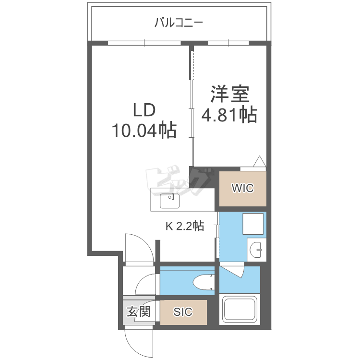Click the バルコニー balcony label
point(179,23)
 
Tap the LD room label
point(144,110)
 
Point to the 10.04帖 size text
point(144,130)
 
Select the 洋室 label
point(230,94)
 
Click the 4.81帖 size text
point(229,114)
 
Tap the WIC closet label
point(243,188)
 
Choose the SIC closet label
point(183,312)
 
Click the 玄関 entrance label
point(139,312)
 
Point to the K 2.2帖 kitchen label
point(185,226)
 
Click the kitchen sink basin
point(169,201)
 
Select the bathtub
point(240,309)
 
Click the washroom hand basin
point(256,250)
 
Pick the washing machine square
point(253,224)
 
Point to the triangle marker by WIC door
point(260,161)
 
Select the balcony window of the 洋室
point(228,43)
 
